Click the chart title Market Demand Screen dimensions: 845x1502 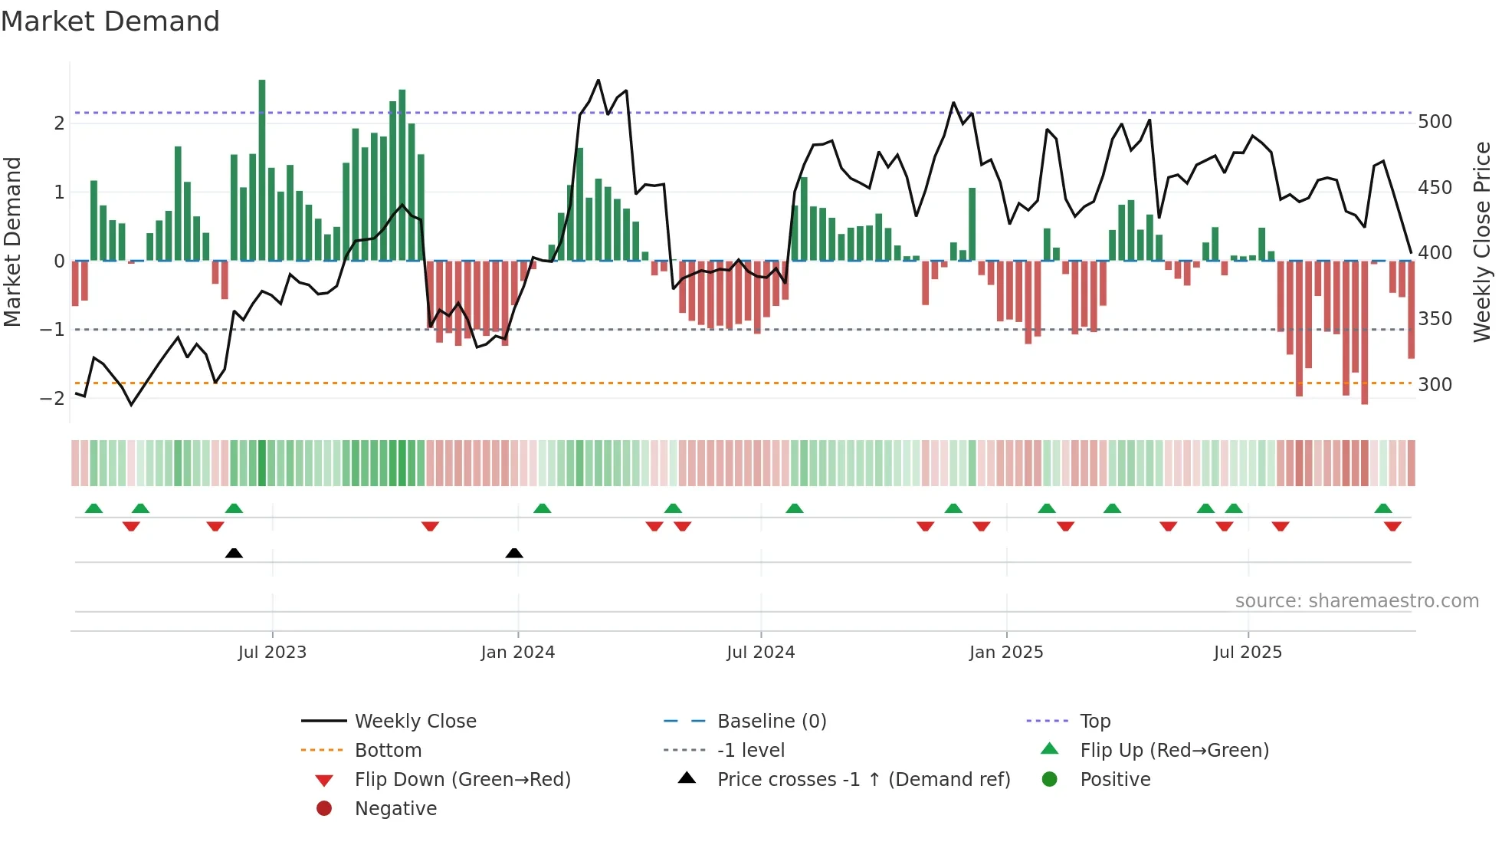tap(110, 21)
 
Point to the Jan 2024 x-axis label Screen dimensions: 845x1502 tap(517, 652)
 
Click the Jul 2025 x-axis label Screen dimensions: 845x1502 tap(1247, 652)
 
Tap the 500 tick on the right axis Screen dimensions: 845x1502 tap(1435, 122)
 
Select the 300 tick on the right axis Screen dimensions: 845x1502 tap(1435, 384)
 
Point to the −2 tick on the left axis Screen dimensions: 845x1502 tap(52, 398)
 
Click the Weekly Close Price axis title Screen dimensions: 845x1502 tap(1482, 241)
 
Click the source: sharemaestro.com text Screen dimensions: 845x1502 tap(1356, 600)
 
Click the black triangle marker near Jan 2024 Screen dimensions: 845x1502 tap(514, 553)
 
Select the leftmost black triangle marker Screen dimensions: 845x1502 tap(234, 553)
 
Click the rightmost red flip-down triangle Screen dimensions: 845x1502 tap(1392, 526)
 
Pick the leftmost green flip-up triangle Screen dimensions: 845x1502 tap(93, 508)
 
